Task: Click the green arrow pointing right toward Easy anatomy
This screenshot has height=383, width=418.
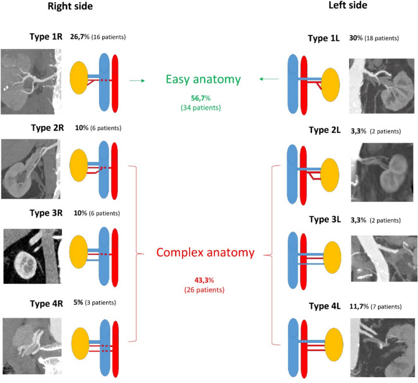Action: click(x=136, y=81)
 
